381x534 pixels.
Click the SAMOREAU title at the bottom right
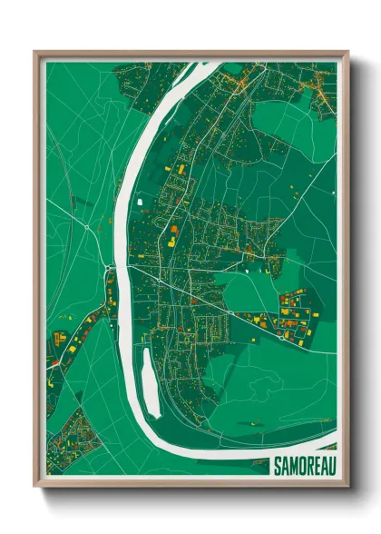tap(304, 466)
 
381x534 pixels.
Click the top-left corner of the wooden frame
tap(35, 53)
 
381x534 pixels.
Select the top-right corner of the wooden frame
tap(347, 53)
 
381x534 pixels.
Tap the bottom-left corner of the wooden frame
tap(35, 488)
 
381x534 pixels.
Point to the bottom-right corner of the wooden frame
tap(347, 488)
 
